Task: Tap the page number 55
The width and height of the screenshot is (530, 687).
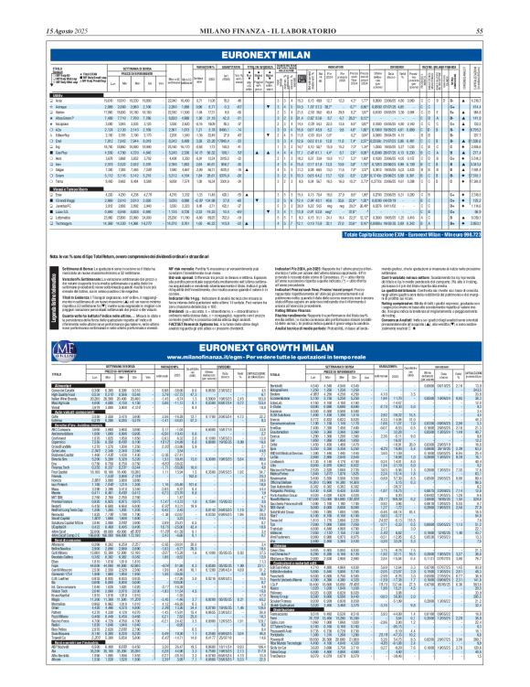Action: (503, 7)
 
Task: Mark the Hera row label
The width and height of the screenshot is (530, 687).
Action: (41, 158)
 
